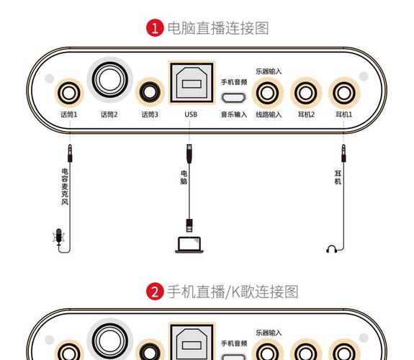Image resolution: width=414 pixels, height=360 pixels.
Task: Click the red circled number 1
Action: click(154, 28)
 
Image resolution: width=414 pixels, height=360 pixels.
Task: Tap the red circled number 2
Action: click(154, 292)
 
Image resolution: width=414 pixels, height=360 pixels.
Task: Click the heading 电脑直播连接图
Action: click(217, 28)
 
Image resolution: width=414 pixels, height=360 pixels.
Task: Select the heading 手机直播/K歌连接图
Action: click(232, 292)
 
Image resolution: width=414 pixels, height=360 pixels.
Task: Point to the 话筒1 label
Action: click(69, 114)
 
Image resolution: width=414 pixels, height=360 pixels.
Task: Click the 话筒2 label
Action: click(109, 114)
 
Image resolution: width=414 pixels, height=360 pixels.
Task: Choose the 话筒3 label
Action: click(150, 114)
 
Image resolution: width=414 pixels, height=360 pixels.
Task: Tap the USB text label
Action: click(191, 114)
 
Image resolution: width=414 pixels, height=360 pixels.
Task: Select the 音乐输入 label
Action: click(234, 114)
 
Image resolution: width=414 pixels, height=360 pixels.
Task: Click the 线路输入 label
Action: click(269, 114)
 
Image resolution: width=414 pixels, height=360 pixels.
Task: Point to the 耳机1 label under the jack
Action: click(343, 114)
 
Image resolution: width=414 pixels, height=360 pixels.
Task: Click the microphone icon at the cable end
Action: click(59, 238)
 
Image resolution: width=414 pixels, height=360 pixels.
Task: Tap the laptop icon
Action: click(191, 243)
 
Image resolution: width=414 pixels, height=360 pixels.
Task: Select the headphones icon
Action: click(332, 249)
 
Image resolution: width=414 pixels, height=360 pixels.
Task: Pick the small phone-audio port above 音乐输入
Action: click(234, 98)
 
